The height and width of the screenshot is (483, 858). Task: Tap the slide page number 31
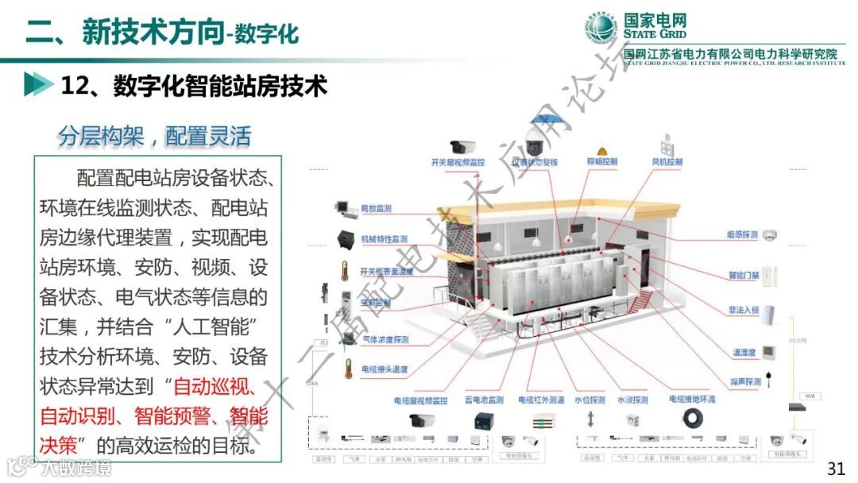coord(836,468)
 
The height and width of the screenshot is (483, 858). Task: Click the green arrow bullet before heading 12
coord(33,85)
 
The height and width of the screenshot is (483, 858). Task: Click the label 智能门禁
coord(744,276)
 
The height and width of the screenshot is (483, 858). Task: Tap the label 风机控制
coord(667,162)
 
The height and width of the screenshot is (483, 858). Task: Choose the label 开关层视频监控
coord(458,162)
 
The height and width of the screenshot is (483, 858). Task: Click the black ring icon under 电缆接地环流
coord(698,419)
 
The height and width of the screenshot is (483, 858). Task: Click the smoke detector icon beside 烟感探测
coord(769,235)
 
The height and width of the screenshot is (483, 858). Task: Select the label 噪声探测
coord(745,382)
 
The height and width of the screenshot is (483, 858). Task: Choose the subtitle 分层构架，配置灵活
coord(154,136)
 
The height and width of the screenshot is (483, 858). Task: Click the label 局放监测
coord(376,209)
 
